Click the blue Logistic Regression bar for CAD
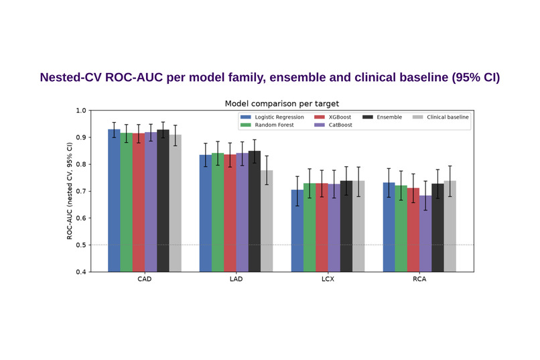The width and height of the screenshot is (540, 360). click(x=114, y=200)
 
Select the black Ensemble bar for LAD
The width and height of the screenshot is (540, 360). click(x=254, y=211)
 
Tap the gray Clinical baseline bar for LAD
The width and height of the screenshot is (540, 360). click(x=267, y=221)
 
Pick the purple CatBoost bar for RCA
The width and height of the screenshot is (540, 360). click(x=425, y=233)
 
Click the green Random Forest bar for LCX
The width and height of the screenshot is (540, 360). click(x=310, y=227)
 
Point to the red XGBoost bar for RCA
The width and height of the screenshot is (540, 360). click(x=413, y=230)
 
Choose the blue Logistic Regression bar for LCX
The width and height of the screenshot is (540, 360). click(x=297, y=231)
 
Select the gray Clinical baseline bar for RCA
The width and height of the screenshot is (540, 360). click(x=450, y=227)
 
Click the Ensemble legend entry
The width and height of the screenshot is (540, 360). click(x=382, y=117)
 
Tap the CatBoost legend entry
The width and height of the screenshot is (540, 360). click(x=333, y=125)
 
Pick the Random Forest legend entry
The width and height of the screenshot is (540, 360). click(x=267, y=125)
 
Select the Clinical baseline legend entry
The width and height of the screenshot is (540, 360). click(x=440, y=117)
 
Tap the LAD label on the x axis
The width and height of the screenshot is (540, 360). click(x=237, y=279)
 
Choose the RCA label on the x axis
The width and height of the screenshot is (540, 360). click(x=419, y=279)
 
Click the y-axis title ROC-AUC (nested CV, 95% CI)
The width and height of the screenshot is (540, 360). click(x=70, y=191)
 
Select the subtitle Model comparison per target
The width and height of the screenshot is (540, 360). click(x=281, y=104)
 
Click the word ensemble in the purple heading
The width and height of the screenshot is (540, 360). click(x=297, y=78)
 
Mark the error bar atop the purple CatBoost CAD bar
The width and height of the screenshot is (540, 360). click(x=151, y=133)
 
